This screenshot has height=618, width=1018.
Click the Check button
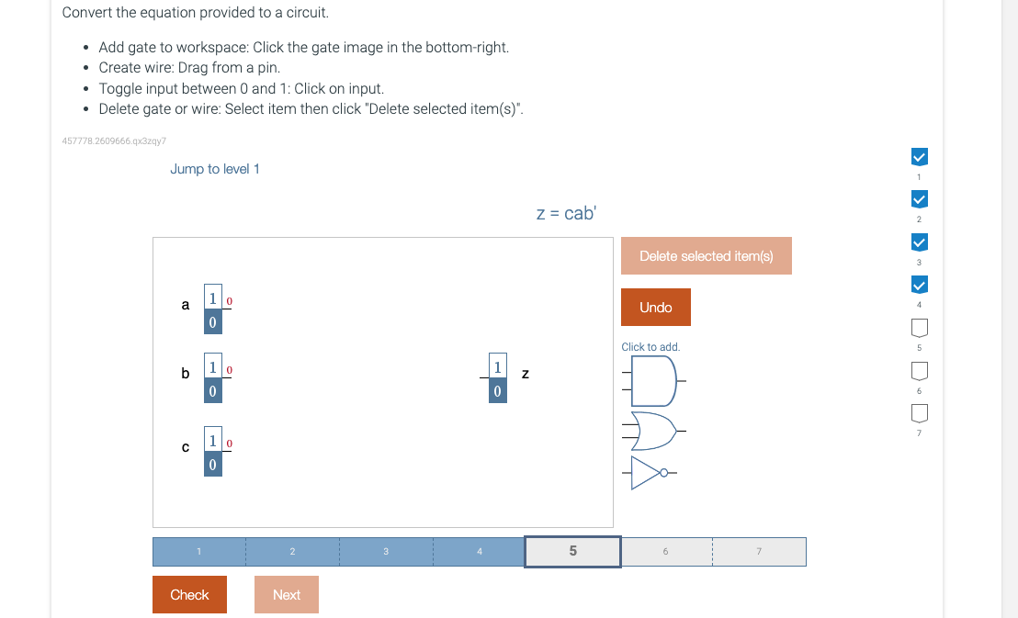pyautogui.click(x=189, y=594)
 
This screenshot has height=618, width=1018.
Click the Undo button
pyautogui.click(x=655, y=307)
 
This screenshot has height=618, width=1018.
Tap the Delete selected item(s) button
pyautogui.click(x=706, y=256)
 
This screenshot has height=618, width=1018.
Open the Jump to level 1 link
pyautogui.click(x=215, y=169)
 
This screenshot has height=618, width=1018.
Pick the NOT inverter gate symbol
pyautogui.click(x=654, y=474)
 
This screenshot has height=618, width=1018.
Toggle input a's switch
pyautogui.click(x=212, y=309)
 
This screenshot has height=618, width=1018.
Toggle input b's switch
pyautogui.click(x=212, y=379)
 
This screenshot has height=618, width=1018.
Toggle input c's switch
pyautogui.click(x=212, y=453)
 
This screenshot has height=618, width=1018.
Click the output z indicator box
pyautogui.click(x=497, y=378)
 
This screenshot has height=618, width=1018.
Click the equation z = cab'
pyautogui.click(x=566, y=213)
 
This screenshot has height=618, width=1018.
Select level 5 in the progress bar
pyautogui.click(x=573, y=552)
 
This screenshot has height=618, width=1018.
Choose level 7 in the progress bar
pyautogui.click(x=759, y=552)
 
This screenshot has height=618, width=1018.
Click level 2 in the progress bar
pyautogui.click(x=292, y=552)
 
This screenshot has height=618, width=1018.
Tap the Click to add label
pyautogui.click(x=650, y=347)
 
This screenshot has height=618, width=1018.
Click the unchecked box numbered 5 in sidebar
pyautogui.click(x=919, y=328)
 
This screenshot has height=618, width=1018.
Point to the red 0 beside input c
pyautogui.click(x=230, y=444)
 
